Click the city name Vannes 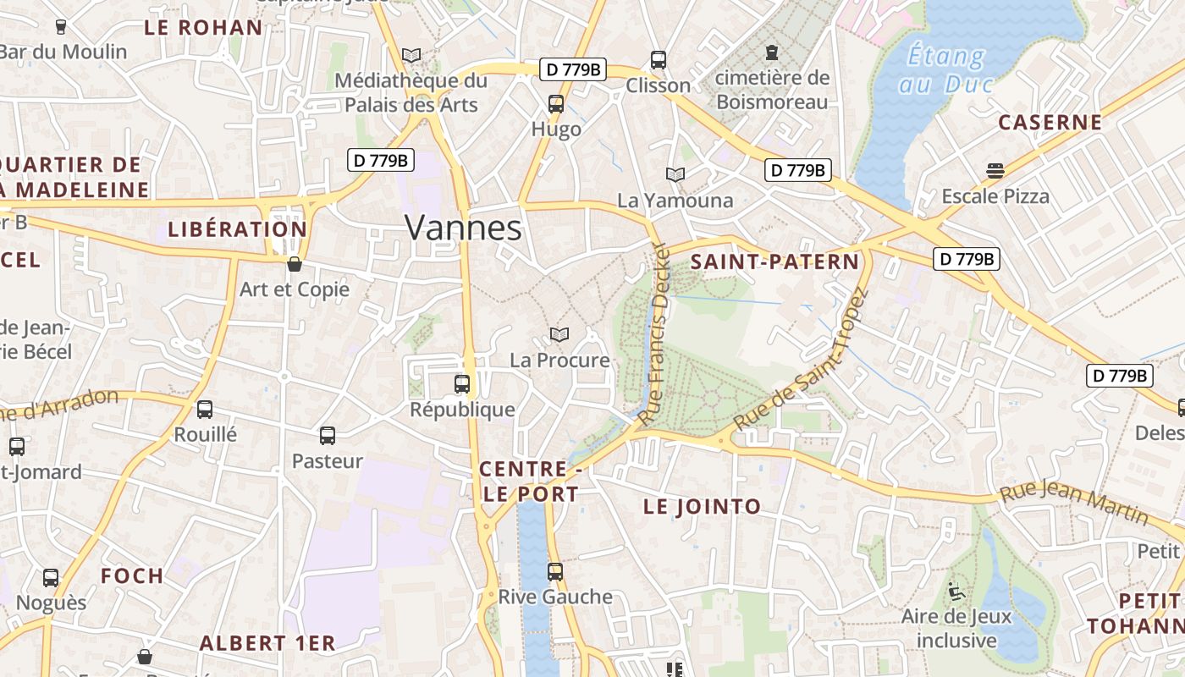pos(463,228)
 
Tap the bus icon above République pos(462,384)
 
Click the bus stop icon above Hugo pos(556,104)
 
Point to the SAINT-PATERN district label pos(774,261)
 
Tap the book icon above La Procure pos(559,335)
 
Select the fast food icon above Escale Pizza pos(995,171)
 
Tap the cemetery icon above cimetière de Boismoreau pos(772,53)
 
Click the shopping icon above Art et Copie pos(295,264)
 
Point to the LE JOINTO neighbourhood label pos(702,507)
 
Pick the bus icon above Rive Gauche pos(555,572)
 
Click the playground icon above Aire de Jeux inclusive pos(956,591)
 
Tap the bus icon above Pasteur pos(328,436)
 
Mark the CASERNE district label pos(1050,122)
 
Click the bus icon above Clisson pos(659,60)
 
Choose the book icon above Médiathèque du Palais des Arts pos(411,56)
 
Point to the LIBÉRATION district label pos(237,229)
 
